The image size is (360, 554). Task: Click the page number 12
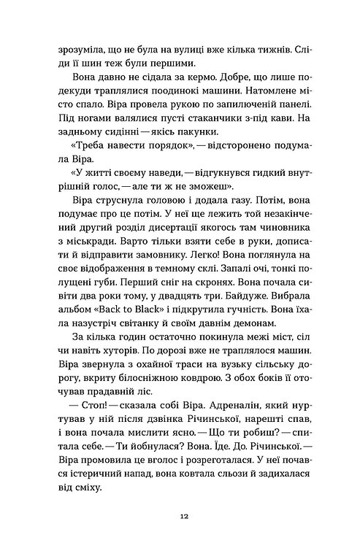tap(180, 515)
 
